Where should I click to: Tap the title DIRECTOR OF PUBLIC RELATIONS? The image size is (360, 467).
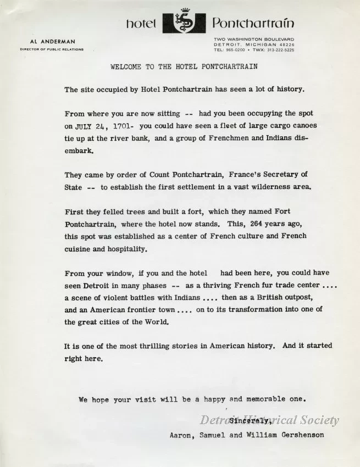(x=52, y=49)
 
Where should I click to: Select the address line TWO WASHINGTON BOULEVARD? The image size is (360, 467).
(x=254, y=40)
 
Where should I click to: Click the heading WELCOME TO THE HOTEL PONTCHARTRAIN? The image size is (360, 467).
(x=184, y=67)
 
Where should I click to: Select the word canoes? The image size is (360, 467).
(x=303, y=125)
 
